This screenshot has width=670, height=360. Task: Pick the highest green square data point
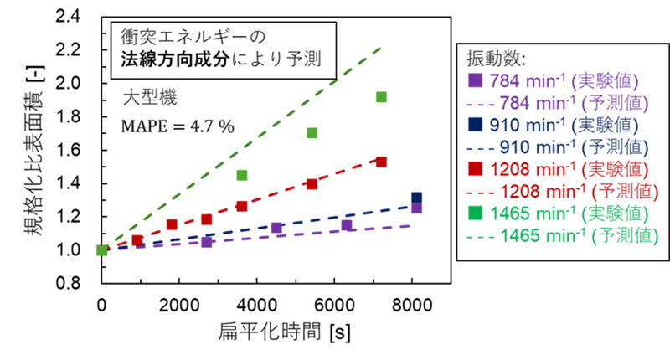click(x=381, y=97)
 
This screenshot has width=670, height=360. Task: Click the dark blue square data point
click(x=416, y=198)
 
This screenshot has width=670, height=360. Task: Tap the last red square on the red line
click(x=381, y=162)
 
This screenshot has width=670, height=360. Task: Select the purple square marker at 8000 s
click(x=416, y=208)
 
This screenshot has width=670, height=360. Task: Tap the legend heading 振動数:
click(x=494, y=59)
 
